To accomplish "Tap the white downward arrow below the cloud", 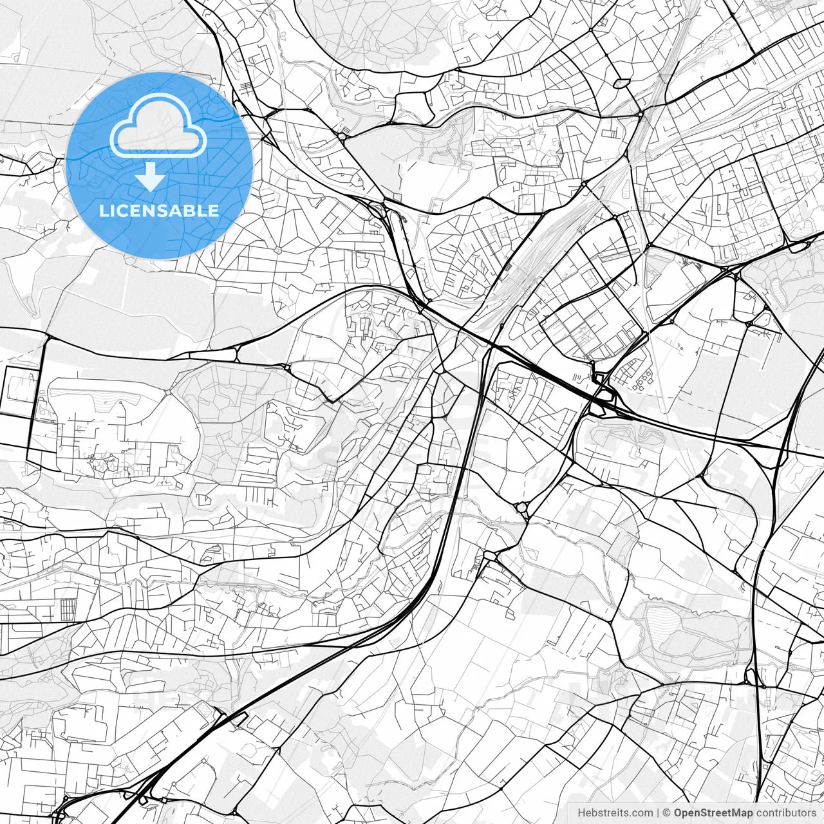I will point(151,178).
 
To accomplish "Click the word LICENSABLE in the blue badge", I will point(159,211).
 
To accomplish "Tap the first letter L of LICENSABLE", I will point(104,211).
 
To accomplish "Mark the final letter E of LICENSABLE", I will point(214,211).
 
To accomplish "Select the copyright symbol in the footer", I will point(667,813).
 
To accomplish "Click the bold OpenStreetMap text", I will point(713,813).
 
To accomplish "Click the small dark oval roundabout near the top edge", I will point(621,83).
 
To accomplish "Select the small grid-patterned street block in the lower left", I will point(68,609).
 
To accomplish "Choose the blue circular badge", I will point(159,165).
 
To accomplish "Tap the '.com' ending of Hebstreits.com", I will point(641,813).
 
